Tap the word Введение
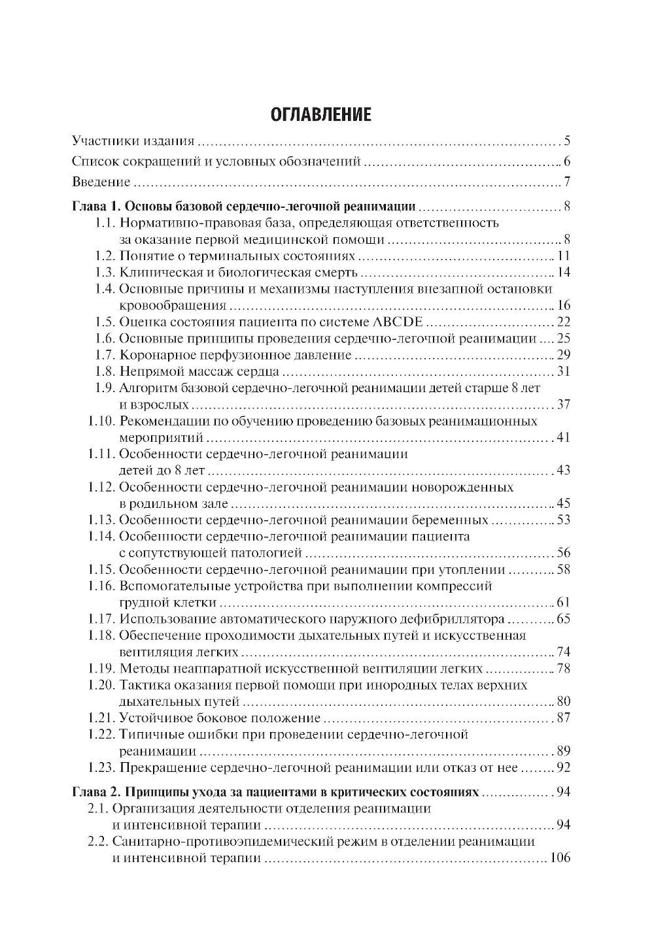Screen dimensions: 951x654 pos(101,182)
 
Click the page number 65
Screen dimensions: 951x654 pos(563,619)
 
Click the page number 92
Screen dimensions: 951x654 pos(563,767)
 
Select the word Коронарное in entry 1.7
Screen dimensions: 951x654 pos(152,355)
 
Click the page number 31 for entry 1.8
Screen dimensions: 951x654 pos(563,371)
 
